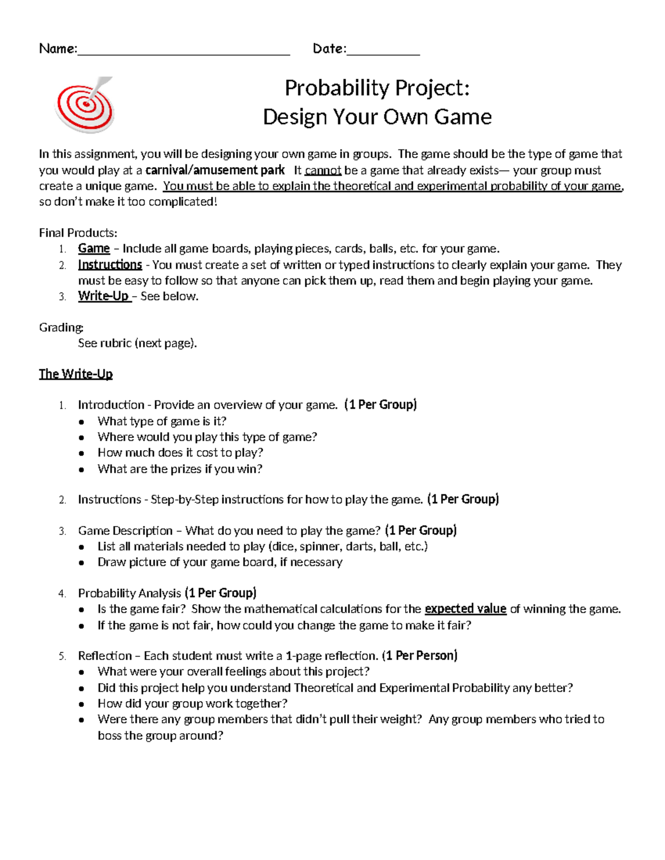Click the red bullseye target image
85,105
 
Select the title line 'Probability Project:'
377,88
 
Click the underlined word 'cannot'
323,171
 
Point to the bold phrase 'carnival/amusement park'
215,171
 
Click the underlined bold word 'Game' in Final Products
94,249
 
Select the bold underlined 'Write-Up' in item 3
104,296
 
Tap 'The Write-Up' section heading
75,374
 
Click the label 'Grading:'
61,327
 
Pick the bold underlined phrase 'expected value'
465,609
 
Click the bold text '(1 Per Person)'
421,656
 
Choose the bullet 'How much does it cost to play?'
180,453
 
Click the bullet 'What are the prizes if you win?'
180,469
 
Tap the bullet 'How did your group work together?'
192,704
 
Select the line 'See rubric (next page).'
137,343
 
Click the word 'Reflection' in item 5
105,656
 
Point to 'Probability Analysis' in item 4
130,594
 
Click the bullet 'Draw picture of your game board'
219,562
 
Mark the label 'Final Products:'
78,233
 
